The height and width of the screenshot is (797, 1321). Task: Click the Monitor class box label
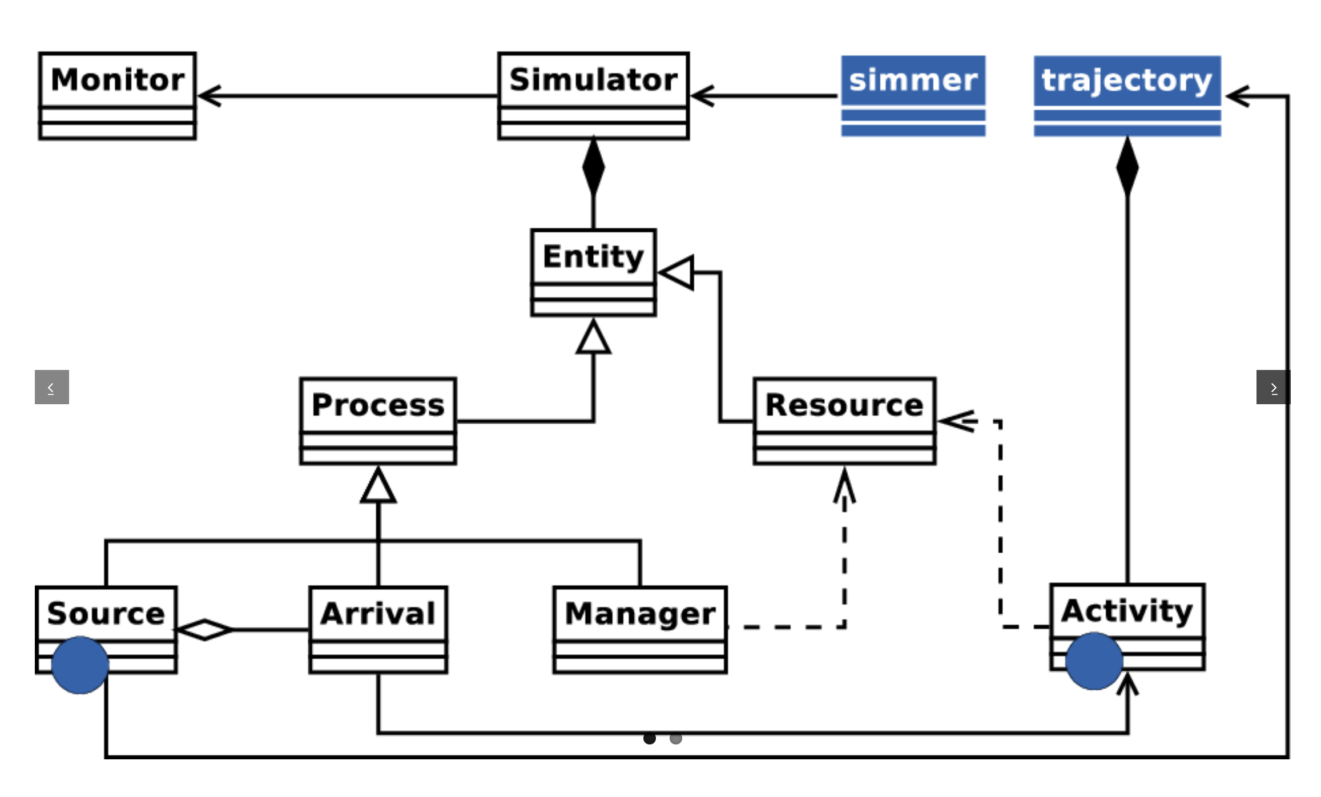[118, 79]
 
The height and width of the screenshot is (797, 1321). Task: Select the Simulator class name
[593, 79]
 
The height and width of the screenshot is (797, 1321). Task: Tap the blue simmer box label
[913, 80]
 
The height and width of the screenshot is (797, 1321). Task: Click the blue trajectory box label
[1127, 80]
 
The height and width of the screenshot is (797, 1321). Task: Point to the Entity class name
[593, 256]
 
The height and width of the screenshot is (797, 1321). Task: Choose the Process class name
[378, 405]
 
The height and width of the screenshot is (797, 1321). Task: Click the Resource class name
[844, 405]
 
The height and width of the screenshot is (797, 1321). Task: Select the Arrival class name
[378, 614]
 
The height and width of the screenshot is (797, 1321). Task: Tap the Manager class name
[639, 614]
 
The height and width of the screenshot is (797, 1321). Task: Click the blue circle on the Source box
[80, 665]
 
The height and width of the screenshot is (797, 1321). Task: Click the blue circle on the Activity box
[1094, 661]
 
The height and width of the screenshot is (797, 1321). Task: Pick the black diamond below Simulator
[593, 167]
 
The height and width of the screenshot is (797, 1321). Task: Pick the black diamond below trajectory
[1127, 167]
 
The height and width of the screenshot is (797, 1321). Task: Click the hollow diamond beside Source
[205, 630]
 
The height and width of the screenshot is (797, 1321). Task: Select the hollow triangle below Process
[378, 486]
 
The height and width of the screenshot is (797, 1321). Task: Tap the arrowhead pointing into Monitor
[209, 96]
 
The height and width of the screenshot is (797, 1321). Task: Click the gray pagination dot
[675, 739]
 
